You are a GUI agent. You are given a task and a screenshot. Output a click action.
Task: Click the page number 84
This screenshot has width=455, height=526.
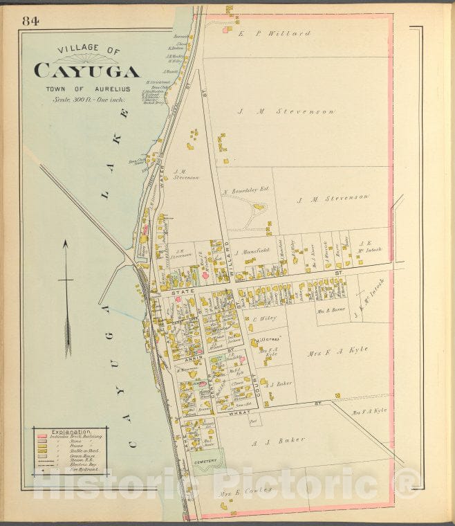[x=31, y=21]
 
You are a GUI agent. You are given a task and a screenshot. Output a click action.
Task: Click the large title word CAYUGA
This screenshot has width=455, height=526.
[x=86, y=71]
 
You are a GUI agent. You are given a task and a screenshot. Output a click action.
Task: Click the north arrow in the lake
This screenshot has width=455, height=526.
[x=66, y=298]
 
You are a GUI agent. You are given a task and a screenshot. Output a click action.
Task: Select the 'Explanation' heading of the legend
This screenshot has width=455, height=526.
[x=57, y=431]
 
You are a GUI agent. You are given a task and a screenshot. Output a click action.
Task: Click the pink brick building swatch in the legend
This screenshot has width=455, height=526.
[x=41, y=437]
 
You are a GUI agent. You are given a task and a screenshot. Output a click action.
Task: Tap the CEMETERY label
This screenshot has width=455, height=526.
[x=205, y=462]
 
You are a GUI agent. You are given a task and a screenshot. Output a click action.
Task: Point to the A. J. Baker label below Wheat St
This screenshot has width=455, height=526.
[x=268, y=440]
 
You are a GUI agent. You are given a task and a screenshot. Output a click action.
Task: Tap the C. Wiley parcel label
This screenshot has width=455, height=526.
[x=263, y=318]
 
